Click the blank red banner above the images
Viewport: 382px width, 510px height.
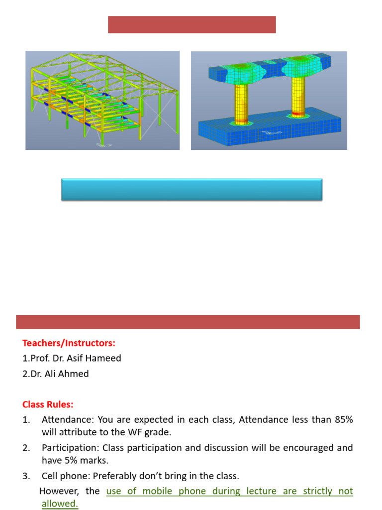(x=191, y=24)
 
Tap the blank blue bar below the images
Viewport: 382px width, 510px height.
(x=191, y=190)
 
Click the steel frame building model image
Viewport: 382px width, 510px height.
(x=102, y=100)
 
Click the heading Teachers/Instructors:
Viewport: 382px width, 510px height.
(x=69, y=343)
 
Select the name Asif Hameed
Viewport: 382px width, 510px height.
(x=98, y=358)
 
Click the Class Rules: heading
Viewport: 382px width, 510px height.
(x=48, y=404)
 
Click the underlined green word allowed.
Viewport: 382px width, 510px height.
(x=60, y=504)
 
